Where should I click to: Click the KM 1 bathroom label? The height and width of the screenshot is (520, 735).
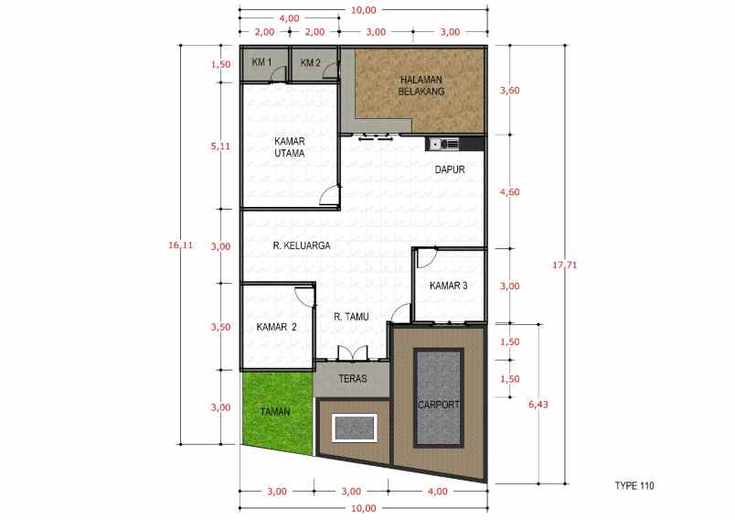(x=261, y=63)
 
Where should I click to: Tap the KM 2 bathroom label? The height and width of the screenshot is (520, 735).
(x=311, y=63)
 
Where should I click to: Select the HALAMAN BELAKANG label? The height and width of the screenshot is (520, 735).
(x=421, y=86)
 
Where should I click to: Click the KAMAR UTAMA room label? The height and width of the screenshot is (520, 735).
(x=289, y=147)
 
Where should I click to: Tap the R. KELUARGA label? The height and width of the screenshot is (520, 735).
(x=301, y=245)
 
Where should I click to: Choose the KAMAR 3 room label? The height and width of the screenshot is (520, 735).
(x=448, y=286)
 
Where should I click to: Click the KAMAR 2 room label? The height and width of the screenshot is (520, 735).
(x=276, y=327)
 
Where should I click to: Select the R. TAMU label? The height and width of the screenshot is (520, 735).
(x=350, y=317)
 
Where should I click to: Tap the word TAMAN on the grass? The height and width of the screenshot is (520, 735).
(x=273, y=411)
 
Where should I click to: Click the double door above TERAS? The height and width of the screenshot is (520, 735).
(x=351, y=354)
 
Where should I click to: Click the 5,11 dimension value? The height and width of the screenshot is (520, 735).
(x=219, y=146)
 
